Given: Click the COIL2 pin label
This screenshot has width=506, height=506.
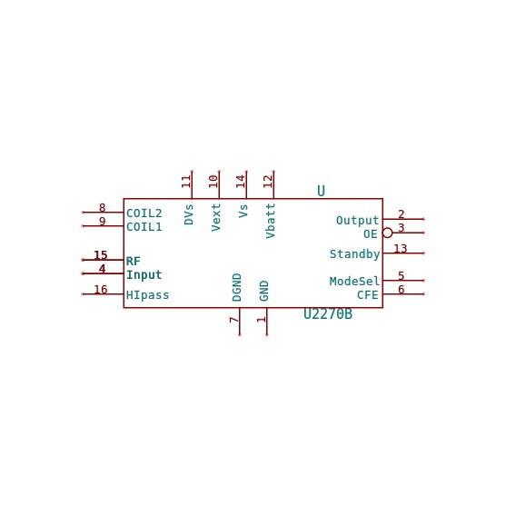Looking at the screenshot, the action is tap(144, 213).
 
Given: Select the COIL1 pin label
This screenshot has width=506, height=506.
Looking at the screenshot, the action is tap(144, 227).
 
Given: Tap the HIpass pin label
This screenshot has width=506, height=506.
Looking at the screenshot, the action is tap(147, 295).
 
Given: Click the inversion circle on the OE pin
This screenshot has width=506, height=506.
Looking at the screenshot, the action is tap(387, 233).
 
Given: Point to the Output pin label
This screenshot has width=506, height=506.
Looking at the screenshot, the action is tap(357, 221).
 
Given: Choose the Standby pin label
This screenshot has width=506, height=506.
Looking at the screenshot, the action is tap(354, 254).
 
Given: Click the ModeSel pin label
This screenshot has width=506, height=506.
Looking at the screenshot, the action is tap(354, 281).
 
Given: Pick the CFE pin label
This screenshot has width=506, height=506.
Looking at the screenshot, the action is tap(368, 295).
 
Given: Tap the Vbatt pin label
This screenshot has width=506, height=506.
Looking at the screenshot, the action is tap(271, 221).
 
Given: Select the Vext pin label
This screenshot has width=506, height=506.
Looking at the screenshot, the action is tap(216, 217).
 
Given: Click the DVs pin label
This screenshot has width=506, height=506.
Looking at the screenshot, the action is tap(189, 214).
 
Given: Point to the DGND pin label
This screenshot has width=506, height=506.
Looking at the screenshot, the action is tap(236, 288).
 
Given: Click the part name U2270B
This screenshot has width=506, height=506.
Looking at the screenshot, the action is tap(328, 314).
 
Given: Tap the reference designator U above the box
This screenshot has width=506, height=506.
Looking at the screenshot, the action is tap(321, 191).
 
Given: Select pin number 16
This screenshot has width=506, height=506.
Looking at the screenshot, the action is tap(100, 290).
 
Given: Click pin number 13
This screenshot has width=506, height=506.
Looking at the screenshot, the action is tap(401, 249).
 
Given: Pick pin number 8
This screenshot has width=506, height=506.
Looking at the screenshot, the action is tap(103, 208).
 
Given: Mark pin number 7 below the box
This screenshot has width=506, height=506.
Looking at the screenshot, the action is tap(234, 320).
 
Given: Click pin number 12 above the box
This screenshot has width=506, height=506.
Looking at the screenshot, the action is tap(268, 182).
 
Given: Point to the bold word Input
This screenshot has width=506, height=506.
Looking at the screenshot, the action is tap(144, 275).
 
